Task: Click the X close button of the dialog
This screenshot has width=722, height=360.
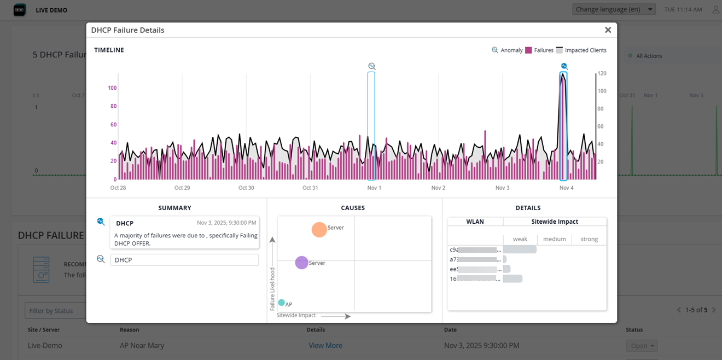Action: pos(608,30)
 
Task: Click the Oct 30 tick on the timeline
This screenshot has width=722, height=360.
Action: pos(246,188)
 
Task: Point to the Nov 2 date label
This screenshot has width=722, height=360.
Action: pos(438,188)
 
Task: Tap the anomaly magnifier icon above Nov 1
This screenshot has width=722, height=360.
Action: pos(372,66)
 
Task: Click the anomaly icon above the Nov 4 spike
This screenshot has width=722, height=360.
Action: pos(564,66)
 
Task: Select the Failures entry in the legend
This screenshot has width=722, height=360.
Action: pos(539,50)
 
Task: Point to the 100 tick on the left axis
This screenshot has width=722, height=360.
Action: pos(112,88)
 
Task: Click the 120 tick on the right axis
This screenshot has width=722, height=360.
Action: pos(602,73)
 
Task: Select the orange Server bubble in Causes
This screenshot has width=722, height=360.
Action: pos(319,229)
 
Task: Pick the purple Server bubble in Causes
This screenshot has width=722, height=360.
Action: pos(301,263)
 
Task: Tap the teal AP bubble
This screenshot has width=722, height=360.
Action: pos(281,303)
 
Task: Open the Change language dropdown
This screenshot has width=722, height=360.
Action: pos(614,9)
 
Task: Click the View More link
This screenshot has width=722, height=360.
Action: pos(325,346)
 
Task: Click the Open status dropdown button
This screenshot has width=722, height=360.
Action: pos(642,346)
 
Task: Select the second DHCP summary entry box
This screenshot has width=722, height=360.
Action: pos(184,260)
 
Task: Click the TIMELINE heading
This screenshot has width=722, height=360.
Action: pos(109,50)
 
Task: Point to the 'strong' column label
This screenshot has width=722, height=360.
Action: pos(589,239)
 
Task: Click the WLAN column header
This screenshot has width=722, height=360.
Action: pos(475,222)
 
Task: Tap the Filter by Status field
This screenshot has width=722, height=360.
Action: pos(55,311)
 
